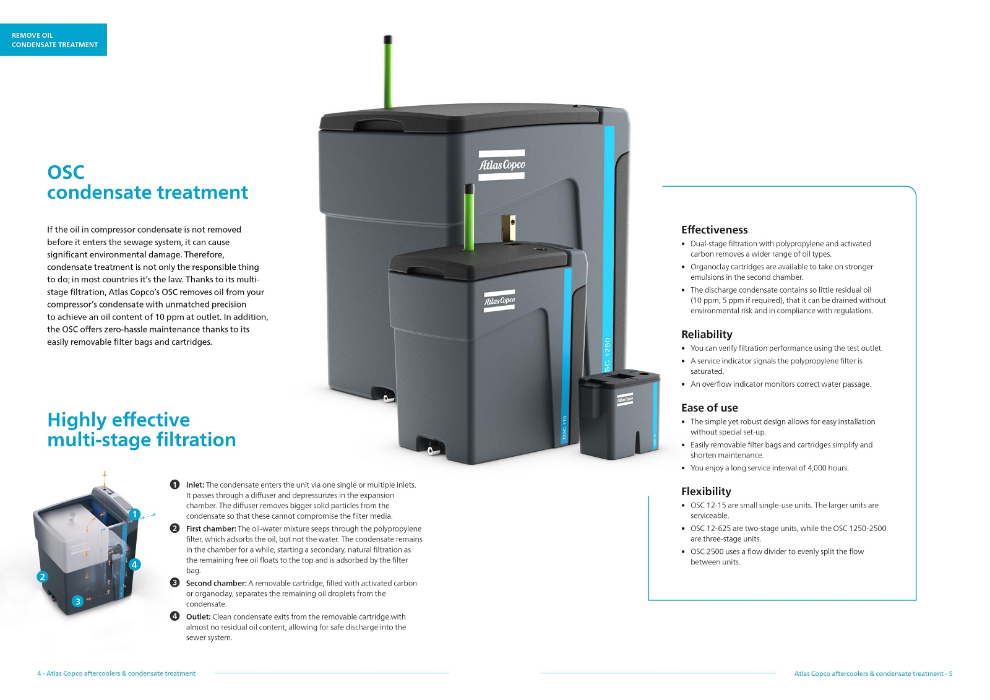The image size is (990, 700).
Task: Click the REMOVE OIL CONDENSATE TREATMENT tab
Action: pyautogui.click(x=54, y=40)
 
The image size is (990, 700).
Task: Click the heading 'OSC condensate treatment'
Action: pyautogui.click(x=147, y=183)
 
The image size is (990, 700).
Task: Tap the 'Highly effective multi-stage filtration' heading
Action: pyautogui.click(x=141, y=430)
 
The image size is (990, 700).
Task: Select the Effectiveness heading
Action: pyautogui.click(x=714, y=230)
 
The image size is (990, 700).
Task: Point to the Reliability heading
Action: pyautogui.click(x=707, y=334)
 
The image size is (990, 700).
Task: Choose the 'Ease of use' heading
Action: pyautogui.click(x=709, y=408)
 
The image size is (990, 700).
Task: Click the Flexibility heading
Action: pyautogui.click(x=706, y=491)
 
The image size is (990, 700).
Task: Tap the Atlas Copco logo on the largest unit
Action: pyautogui.click(x=502, y=165)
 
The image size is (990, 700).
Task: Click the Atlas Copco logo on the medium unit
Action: pyautogui.click(x=499, y=301)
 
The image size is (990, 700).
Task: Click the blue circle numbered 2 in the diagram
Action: pyautogui.click(x=42, y=577)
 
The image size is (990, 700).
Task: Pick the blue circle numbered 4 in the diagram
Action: pyautogui.click(x=134, y=564)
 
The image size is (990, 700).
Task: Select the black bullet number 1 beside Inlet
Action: pyautogui.click(x=174, y=485)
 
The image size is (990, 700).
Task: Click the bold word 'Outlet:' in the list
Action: pyautogui.click(x=198, y=617)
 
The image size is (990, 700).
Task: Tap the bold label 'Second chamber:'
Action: pyautogui.click(x=216, y=584)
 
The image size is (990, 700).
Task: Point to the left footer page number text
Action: pyautogui.click(x=116, y=673)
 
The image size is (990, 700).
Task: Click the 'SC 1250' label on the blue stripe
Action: pyautogui.click(x=607, y=354)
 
